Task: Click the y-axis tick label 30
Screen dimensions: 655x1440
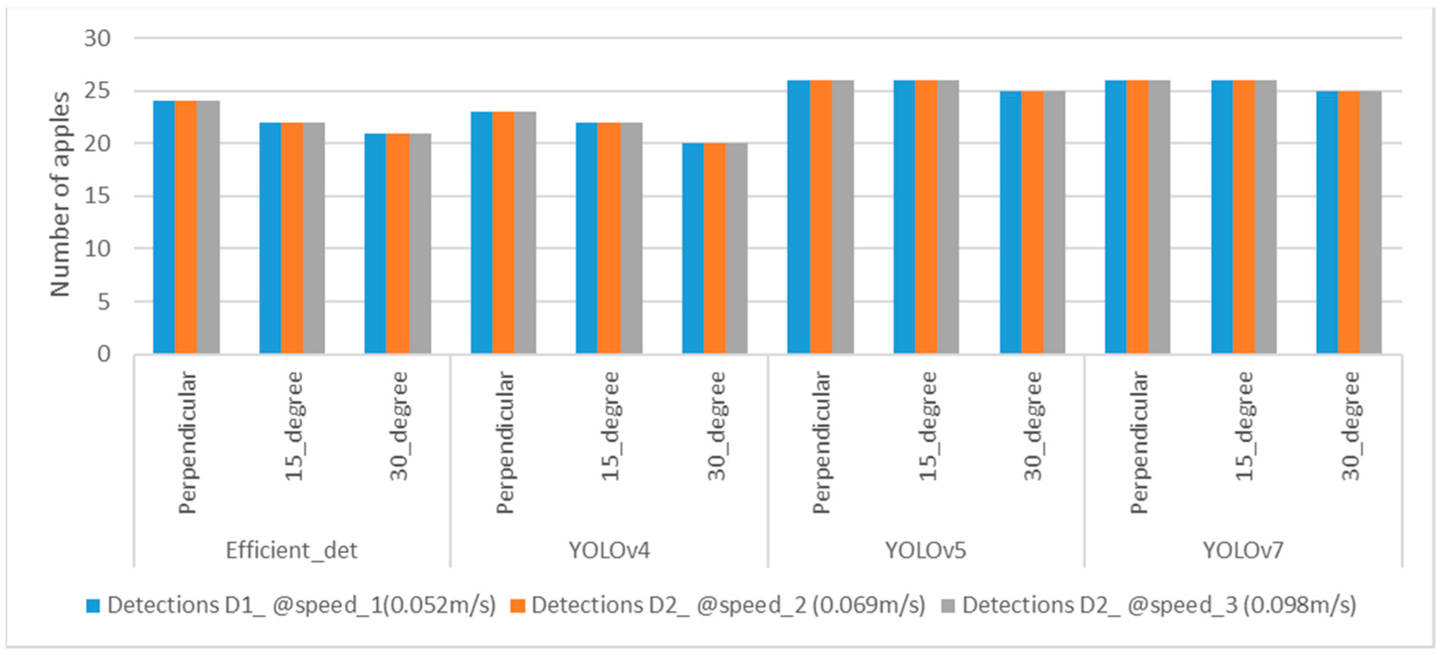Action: [97, 38]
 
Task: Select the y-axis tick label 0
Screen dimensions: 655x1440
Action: [104, 354]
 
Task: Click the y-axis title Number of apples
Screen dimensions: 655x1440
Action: [60, 195]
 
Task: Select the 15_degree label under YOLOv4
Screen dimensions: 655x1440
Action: [610, 426]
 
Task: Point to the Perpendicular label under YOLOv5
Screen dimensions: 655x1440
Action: [821, 442]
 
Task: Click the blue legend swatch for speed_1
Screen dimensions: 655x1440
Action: [93, 606]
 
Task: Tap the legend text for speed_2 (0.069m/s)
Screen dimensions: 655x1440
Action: [728, 605]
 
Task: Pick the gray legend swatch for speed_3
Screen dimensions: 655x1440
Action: [948, 606]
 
